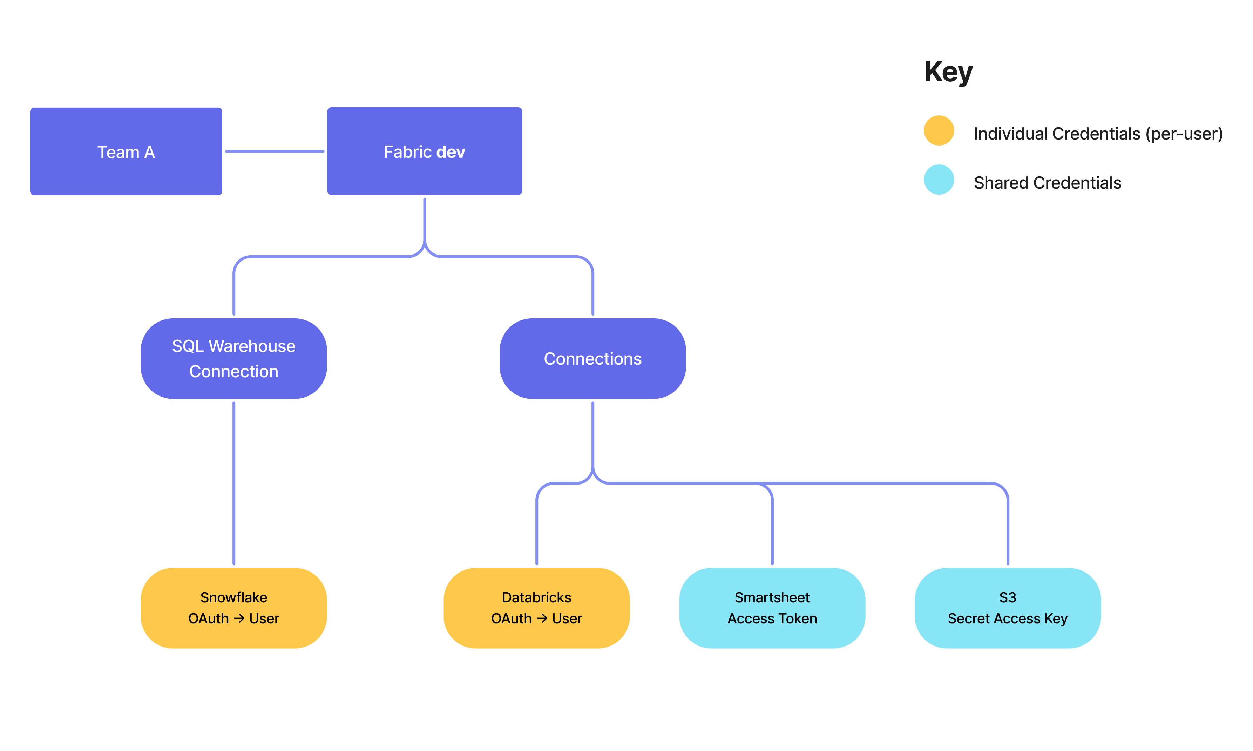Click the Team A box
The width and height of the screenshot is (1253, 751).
pyautogui.click(x=126, y=151)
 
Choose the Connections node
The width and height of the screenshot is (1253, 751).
pyautogui.click(x=592, y=358)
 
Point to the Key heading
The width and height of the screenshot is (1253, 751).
pyautogui.click(x=948, y=72)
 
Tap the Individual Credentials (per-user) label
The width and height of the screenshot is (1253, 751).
pyautogui.click(x=1098, y=134)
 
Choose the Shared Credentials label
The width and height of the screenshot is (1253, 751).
pyautogui.click(x=1047, y=183)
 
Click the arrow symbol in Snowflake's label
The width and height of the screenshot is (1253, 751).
pyautogui.click(x=239, y=618)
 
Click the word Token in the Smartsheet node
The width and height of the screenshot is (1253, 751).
pyautogui.click(x=798, y=618)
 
